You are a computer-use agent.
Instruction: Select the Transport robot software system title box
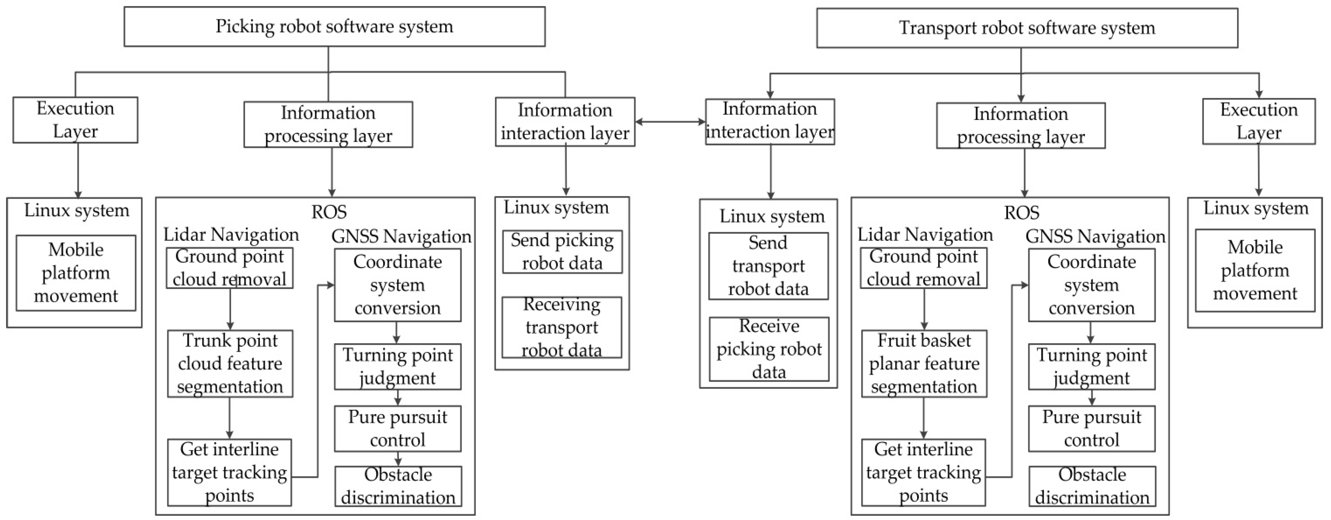point(1027,28)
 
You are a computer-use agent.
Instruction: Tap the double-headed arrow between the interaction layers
point(670,122)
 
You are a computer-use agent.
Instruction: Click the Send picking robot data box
point(562,252)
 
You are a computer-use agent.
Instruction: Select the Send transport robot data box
point(768,266)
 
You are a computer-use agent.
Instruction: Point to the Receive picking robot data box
point(769,349)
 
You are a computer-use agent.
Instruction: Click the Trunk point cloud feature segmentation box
point(230,363)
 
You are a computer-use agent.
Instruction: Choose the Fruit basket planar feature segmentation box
point(924,363)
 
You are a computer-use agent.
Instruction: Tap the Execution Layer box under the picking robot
point(75,120)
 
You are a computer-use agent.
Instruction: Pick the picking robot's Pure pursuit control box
point(397,429)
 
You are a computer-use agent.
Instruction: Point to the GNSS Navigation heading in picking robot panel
point(401,237)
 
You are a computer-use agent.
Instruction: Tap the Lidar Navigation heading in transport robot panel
point(925,235)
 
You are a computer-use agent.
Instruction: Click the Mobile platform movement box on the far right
point(1255,270)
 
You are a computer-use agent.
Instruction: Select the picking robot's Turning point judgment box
point(397,366)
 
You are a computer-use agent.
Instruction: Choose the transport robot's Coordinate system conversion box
point(1091,285)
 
